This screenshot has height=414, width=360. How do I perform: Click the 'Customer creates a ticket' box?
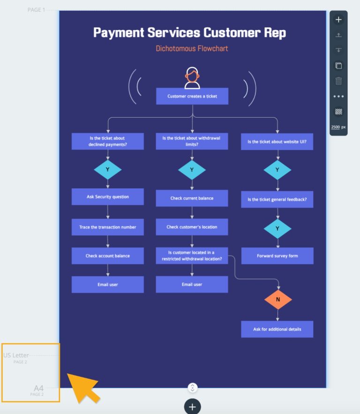(x=192, y=96)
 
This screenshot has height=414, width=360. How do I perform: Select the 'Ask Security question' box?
(x=108, y=197)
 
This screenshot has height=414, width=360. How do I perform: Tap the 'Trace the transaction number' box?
(x=108, y=227)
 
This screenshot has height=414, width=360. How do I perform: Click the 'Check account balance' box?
(x=108, y=256)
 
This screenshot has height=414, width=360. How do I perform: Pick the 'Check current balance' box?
(x=192, y=198)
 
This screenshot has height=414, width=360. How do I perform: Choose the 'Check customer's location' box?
(x=192, y=227)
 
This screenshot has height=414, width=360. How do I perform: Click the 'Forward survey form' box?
(x=277, y=256)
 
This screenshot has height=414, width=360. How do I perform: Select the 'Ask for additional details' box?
(x=277, y=329)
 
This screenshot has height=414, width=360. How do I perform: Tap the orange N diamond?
(x=278, y=299)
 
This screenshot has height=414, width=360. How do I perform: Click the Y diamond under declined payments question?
(x=108, y=170)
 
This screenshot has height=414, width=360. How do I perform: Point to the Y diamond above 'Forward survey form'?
(x=277, y=229)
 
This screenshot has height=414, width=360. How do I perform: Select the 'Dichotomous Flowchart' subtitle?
(x=192, y=48)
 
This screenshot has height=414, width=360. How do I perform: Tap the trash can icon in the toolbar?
(x=338, y=81)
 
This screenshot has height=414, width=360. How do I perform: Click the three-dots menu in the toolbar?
(x=338, y=96)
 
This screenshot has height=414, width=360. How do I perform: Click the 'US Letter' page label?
(x=16, y=355)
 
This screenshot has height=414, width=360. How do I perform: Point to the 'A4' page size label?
(x=38, y=388)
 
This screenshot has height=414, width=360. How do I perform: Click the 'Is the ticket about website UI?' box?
(x=277, y=142)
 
